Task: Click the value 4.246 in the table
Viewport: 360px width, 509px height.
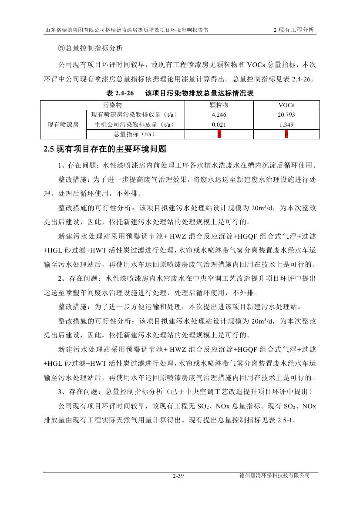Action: coord(219,115)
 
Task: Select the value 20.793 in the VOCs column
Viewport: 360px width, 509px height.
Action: coord(286,115)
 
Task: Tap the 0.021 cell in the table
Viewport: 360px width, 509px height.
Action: coord(219,125)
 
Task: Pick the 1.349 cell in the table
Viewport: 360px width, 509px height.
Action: coord(286,125)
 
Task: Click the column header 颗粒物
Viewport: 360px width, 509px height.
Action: coord(219,105)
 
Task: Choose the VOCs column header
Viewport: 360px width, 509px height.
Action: coord(286,105)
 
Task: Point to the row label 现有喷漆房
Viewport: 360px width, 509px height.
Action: coord(63,125)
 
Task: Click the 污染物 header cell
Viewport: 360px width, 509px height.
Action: coord(112,105)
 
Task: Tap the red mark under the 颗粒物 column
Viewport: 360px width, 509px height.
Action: coord(219,134)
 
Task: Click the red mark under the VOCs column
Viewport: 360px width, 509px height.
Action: coord(286,134)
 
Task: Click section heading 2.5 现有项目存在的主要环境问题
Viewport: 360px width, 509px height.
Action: coord(105,149)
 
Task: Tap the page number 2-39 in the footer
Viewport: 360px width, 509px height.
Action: coord(179,476)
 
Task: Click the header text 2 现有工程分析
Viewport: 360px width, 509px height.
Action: coord(293,30)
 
